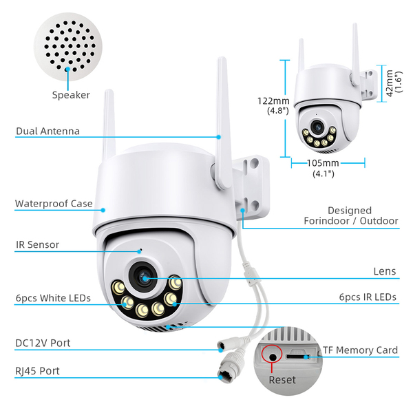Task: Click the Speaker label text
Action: (x=71, y=95)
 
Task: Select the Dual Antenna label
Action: (x=47, y=131)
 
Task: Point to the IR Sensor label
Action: (x=37, y=244)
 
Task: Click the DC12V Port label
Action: (x=43, y=343)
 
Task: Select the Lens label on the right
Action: (x=385, y=271)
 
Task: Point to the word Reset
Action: (x=282, y=380)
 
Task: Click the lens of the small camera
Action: (x=317, y=127)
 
